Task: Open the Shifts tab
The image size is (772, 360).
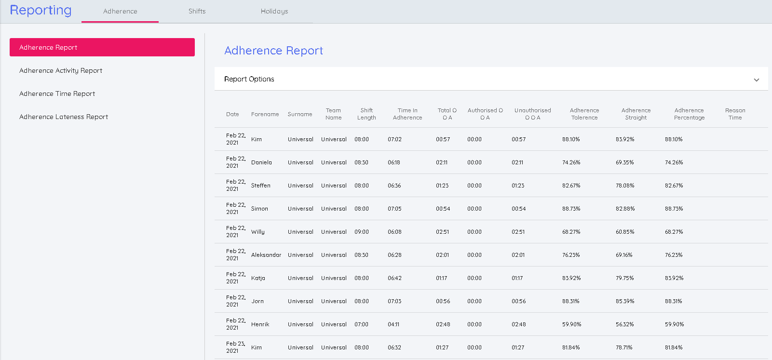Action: [197, 11]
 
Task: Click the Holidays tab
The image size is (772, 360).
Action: [274, 11]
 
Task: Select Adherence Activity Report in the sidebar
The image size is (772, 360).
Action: [61, 70]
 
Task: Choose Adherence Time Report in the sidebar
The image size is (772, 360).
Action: [57, 93]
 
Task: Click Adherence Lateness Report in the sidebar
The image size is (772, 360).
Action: [64, 117]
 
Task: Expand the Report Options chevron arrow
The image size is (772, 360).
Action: [756, 80]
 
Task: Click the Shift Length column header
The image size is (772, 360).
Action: [366, 114]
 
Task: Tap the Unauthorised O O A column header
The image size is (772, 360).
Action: [532, 114]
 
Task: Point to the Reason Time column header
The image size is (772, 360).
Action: [735, 114]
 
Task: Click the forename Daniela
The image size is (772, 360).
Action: [261, 162]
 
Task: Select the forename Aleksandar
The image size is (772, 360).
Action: [266, 255]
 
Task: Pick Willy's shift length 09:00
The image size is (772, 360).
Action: [362, 232]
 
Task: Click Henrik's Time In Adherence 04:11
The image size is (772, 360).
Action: [393, 324]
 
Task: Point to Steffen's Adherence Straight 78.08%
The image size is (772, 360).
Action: [625, 186]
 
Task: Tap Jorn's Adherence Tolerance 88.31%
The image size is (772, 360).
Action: [571, 301]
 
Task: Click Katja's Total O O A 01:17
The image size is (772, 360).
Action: [442, 278]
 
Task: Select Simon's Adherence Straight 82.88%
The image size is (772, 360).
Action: [625, 209]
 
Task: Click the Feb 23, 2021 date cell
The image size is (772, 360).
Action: [235, 347]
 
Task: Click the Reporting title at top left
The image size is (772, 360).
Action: [41, 10]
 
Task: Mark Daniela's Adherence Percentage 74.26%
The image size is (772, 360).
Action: [674, 162]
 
